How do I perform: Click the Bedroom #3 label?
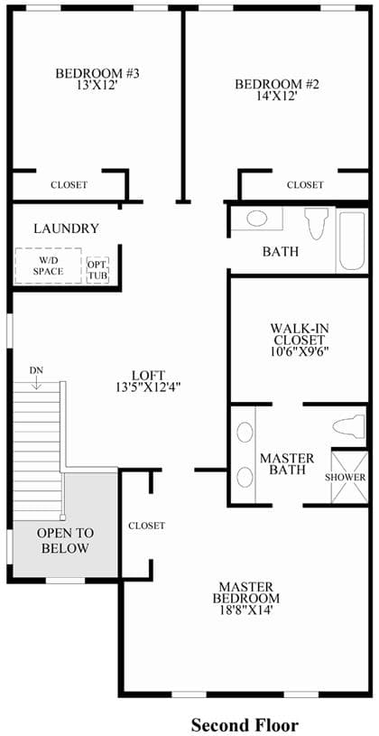97,74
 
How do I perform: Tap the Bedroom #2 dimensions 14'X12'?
277,96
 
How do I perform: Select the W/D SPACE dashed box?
49,266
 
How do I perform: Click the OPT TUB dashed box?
97,270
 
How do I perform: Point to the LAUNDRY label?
67,228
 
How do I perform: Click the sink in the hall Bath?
257,219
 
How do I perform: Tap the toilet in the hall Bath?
317,223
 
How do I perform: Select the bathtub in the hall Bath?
352,241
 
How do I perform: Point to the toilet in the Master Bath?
349,425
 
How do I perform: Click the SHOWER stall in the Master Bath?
348,477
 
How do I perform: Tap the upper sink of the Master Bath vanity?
245,432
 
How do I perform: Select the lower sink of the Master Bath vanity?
245,477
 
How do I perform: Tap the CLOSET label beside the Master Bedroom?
147,526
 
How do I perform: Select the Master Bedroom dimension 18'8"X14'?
245,610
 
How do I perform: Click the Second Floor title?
244,725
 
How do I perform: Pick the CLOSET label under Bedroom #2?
305,185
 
